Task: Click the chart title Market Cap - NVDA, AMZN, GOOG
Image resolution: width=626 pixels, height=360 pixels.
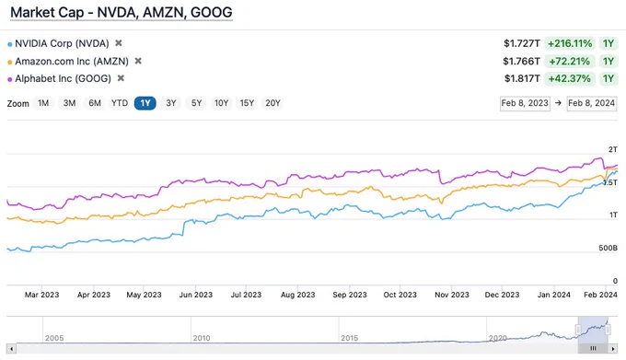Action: click(x=122, y=12)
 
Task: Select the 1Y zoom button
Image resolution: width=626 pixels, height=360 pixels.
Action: click(x=145, y=103)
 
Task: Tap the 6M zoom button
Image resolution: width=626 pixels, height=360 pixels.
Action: click(x=95, y=103)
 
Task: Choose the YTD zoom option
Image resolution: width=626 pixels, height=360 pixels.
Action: click(x=120, y=103)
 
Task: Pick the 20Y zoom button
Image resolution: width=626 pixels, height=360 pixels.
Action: click(x=272, y=103)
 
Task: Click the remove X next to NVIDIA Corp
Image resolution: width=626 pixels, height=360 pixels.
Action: click(x=119, y=42)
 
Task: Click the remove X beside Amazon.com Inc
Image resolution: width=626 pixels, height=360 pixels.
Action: click(x=138, y=61)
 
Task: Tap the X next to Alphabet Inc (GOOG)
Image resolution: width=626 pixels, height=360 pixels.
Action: click(x=121, y=78)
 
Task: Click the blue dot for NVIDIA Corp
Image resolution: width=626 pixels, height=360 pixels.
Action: click(x=10, y=44)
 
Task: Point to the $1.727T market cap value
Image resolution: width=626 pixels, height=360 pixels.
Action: click(x=521, y=43)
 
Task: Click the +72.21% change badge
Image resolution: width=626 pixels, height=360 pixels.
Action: click(x=569, y=61)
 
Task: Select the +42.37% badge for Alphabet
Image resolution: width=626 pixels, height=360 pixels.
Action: click(x=569, y=78)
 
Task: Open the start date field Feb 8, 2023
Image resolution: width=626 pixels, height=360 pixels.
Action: click(x=525, y=103)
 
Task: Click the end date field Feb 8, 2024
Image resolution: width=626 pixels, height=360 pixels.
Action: click(x=592, y=103)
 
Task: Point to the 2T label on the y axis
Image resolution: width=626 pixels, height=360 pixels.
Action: click(x=613, y=150)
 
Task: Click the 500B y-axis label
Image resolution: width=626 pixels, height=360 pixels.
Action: click(x=608, y=249)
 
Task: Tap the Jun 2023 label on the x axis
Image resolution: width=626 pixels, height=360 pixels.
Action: click(x=196, y=295)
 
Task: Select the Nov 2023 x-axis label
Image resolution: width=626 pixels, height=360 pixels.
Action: click(x=452, y=295)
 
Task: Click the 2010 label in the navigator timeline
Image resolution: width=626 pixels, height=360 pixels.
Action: click(x=202, y=339)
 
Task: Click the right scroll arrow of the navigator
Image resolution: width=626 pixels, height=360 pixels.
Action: click(x=613, y=349)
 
